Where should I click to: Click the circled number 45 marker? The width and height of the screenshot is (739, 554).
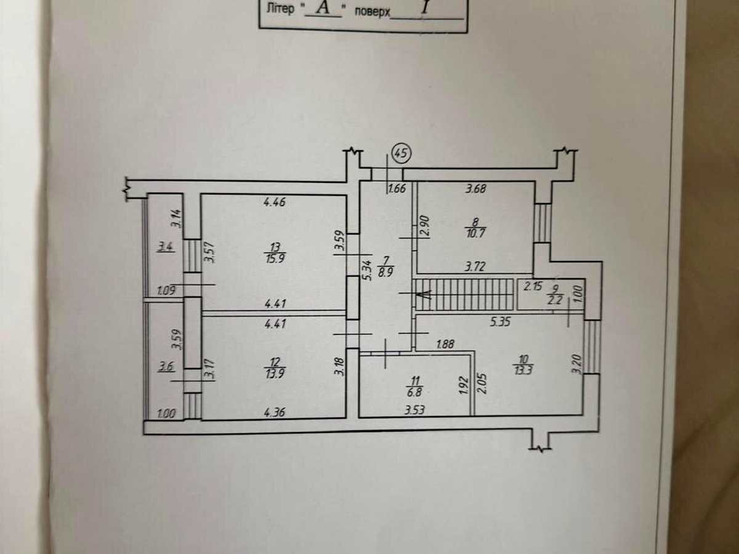tap(402, 154)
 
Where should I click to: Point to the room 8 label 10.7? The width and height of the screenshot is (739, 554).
tap(475, 233)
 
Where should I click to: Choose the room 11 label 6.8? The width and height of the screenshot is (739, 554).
tap(415, 392)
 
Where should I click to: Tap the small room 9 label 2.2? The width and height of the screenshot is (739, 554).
tap(555, 300)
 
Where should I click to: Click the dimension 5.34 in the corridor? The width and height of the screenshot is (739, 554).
tap(369, 270)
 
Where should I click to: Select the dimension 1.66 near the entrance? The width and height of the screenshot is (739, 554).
tap(397, 188)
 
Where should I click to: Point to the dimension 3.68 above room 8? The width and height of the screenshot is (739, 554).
tap(475, 188)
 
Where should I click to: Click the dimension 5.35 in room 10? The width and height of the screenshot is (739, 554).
tap(500, 322)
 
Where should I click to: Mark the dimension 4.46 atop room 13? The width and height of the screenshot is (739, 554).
tap(275, 202)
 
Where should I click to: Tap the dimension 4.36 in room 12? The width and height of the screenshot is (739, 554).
tap(275, 412)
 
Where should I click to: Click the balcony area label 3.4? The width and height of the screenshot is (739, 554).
tap(166, 247)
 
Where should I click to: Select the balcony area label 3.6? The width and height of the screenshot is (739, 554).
tap(166, 366)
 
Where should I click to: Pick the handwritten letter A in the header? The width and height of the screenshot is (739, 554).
tap(323, 8)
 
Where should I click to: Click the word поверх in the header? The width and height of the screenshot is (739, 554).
tap(373, 12)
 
